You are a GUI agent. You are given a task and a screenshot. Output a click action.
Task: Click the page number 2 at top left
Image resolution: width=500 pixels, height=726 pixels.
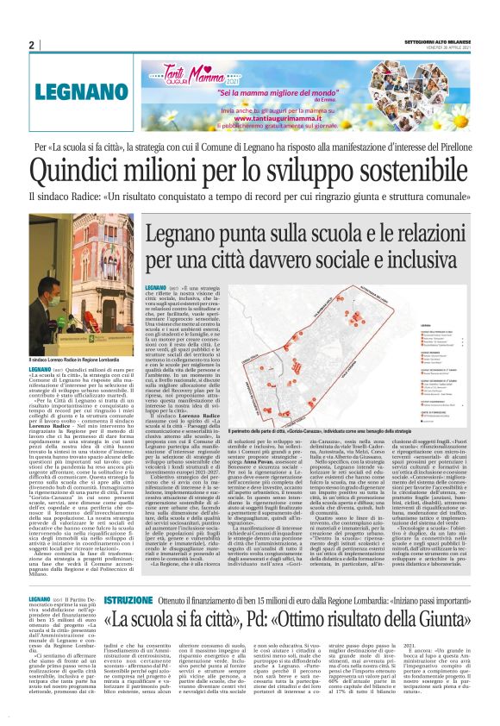pos(31,46)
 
